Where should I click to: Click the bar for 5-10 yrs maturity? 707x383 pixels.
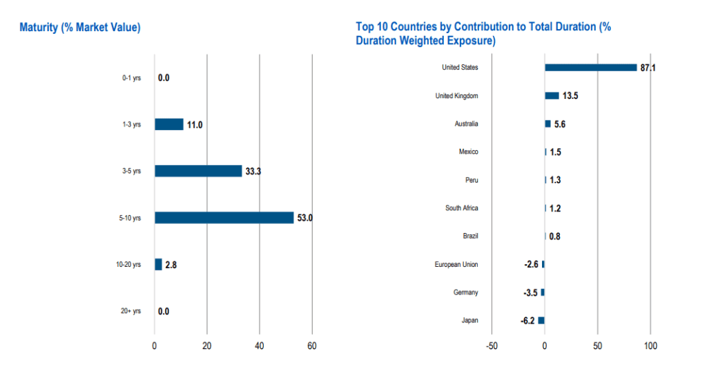[x=224, y=218]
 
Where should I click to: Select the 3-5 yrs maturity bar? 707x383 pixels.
[x=198, y=171]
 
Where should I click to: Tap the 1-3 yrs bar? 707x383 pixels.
[x=168, y=124]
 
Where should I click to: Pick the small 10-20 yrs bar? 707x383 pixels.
[x=158, y=264]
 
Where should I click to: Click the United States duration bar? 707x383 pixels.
[x=590, y=67]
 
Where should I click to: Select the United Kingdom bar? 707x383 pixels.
[x=552, y=95]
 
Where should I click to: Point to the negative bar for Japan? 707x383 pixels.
[x=541, y=320]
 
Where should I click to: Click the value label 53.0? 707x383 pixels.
[x=305, y=218]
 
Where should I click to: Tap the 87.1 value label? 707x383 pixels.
[x=648, y=68]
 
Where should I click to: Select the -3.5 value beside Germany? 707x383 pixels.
[x=530, y=292]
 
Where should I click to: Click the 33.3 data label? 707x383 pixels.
[x=253, y=171]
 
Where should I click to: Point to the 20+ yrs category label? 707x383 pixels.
[x=130, y=311]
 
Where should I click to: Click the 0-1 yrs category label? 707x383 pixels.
[x=131, y=78]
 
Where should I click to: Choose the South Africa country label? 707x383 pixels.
[x=461, y=208]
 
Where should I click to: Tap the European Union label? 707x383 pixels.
[x=456, y=264]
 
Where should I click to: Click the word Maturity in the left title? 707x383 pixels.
[x=40, y=27]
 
